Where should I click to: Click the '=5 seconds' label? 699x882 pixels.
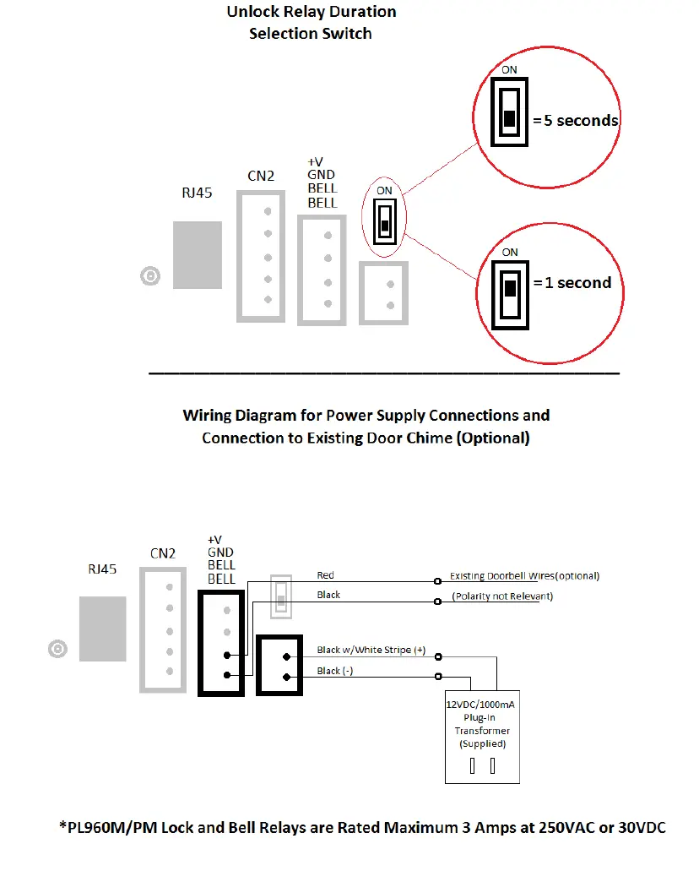point(576,120)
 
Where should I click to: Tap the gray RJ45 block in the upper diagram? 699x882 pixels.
point(198,254)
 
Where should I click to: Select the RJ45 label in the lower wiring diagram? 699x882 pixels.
point(103,569)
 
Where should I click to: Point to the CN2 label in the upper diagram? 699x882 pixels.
point(261,176)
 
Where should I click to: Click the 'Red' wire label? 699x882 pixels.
point(326,575)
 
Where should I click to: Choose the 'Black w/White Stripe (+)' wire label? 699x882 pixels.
point(371,650)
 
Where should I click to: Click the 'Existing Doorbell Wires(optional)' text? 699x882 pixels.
point(524,576)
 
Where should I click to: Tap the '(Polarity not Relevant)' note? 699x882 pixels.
point(501,596)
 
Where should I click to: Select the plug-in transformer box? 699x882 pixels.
point(482,738)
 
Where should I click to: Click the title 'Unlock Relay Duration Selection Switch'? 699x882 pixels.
point(311,23)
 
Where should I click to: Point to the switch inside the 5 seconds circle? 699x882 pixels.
point(509,113)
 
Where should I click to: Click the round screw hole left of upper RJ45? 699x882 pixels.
point(150,276)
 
